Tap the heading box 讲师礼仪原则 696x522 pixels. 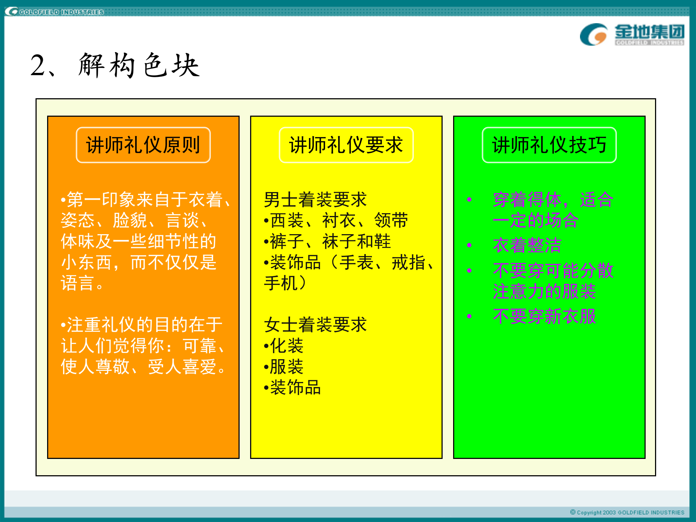[143, 145]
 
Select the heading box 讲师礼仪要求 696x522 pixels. [346, 145]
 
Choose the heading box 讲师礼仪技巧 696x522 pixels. [549, 145]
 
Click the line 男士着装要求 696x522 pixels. [315, 200]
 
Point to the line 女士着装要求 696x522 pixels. [315, 325]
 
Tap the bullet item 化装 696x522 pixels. [286, 346]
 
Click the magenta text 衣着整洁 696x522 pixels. [527, 245]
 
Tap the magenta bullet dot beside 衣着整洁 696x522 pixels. [469, 245]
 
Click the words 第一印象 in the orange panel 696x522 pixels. [101, 200]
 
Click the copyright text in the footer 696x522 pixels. [627, 512]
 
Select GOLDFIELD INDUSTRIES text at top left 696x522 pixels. [62, 12]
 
